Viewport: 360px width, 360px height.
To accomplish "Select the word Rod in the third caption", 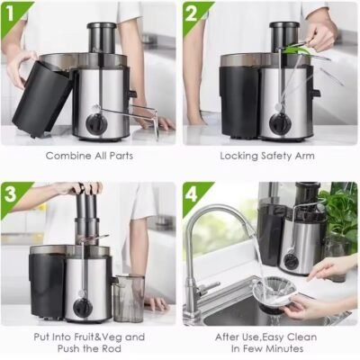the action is click(x=112, y=348).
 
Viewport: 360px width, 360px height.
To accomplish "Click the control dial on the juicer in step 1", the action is click(x=96, y=124).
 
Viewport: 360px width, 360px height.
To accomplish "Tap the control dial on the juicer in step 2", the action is click(x=280, y=123).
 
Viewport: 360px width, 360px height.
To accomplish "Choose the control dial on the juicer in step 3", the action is click(x=83, y=307).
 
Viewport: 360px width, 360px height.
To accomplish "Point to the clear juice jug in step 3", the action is click(x=130, y=298).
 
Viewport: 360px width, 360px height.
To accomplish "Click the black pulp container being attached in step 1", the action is click(x=42, y=97).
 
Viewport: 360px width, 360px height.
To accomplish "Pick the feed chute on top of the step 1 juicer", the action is click(x=102, y=38).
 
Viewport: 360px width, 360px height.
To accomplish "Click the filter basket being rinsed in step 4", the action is click(x=274, y=294).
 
